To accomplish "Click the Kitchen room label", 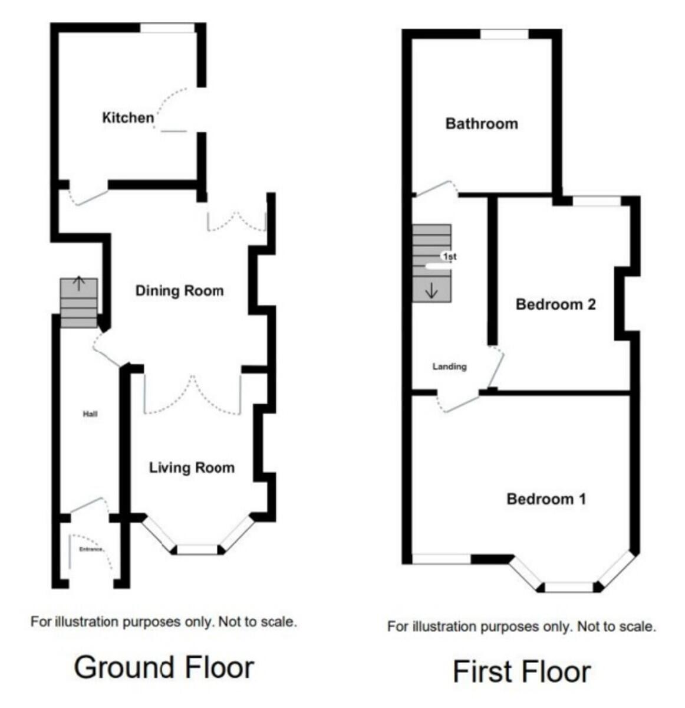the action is pos(128,118).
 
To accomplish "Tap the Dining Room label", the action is pos(180,291).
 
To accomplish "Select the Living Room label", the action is pos(192,468).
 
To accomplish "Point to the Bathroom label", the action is pos(482,124).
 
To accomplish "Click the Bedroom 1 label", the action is pos(546,499).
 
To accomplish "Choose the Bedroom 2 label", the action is pos(556,304).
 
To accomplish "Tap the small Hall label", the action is pos(90,414).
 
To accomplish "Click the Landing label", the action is pos(449,367).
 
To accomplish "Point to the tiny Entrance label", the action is pos(91,549).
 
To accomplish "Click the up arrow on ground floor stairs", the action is pos(79,283).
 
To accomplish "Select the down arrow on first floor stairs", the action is pos(432,291).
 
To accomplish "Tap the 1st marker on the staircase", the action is pos(449,257).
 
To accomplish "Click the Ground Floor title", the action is pos(164,667).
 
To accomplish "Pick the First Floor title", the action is pos(522,671).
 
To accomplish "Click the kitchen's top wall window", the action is pos(167,28).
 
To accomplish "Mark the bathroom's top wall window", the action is pos(504,34).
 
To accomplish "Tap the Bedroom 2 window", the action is pos(597,201).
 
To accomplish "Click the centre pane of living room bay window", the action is pos(197,549).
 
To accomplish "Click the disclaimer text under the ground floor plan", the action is pos(164,622).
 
